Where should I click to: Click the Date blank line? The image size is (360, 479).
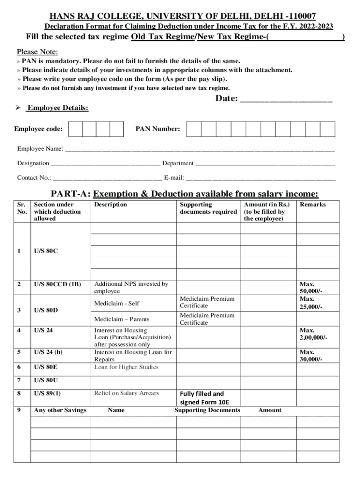coord(286,100)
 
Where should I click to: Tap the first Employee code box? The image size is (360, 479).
coord(76,129)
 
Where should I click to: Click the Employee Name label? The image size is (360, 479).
coord(40,149)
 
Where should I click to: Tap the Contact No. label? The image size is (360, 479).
coord(34,178)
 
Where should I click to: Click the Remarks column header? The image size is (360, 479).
coord(313,204)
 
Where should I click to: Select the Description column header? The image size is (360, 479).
coord(110,204)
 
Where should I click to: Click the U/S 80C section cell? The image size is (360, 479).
coord(46,251)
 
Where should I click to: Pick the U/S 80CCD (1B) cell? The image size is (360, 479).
coord(58,284)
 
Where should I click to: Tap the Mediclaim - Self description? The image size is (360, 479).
coord(114,304)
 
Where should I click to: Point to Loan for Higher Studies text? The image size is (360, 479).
coord(126,367)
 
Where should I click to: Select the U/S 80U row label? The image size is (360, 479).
coord(46,380)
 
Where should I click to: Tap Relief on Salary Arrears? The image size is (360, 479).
coord(127,393)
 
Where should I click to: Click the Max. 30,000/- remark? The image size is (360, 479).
coord(311,356)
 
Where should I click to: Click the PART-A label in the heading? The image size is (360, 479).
coord(70,194)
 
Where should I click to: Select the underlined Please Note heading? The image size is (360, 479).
coord(37,52)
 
